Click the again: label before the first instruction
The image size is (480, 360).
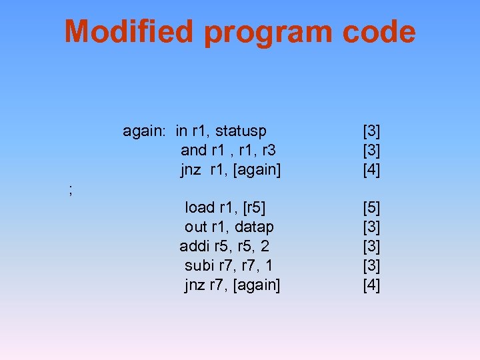click(144, 131)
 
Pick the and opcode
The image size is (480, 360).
click(194, 150)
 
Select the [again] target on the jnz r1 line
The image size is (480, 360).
click(256, 170)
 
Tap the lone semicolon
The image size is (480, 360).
click(71, 190)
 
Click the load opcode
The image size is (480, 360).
click(199, 208)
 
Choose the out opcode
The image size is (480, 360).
click(196, 227)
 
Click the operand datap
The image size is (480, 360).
click(254, 227)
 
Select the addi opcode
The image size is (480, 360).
click(194, 247)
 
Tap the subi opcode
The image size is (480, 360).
click(198, 266)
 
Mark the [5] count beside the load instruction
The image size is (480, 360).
click(371, 208)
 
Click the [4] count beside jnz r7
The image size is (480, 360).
click(371, 285)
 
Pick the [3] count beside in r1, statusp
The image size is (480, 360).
click(371, 131)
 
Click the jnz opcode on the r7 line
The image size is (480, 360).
click(195, 285)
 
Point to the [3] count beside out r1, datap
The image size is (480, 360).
click(371, 227)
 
